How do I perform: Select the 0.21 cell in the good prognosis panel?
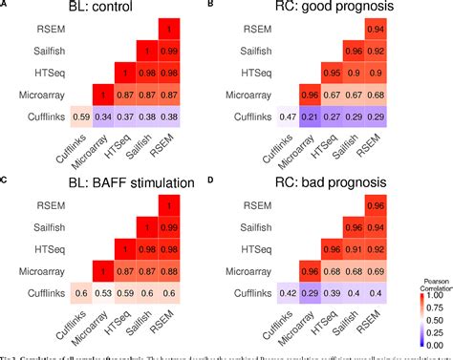pyautogui.click(x=310, y=116)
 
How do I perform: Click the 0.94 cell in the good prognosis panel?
pyautogui.click(x=377, y=29)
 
